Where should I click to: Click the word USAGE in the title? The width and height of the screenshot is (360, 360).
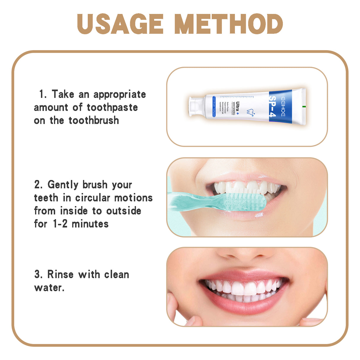click(x=120, y=24)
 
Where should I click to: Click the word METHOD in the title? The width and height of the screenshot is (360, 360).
click(x=228, y=24)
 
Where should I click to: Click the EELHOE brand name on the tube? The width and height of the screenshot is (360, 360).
click(x=282, y=106)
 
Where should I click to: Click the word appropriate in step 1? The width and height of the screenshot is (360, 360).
click(x=120, y=95)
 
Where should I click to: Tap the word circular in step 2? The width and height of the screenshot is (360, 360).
click(x=93, y=197)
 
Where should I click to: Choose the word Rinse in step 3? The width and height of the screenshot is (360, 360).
click(x=60, y=274)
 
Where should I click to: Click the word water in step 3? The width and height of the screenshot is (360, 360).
click(x=48, y=287)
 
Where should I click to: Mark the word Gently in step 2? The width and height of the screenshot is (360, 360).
click(x=63, y=184)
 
